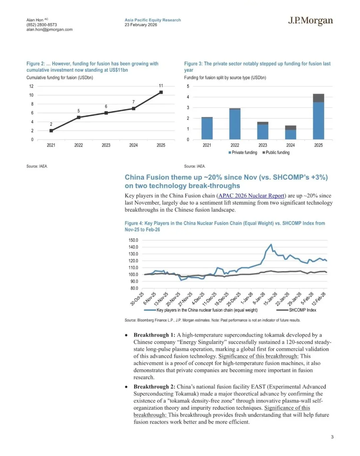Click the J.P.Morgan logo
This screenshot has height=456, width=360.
tap(310, 21)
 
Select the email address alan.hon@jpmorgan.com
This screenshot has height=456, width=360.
tap(49, 30)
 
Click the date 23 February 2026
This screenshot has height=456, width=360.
tap(141, 25)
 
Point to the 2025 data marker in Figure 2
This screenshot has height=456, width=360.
tap(161, 92)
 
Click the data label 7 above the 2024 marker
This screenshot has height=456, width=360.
tap(133, 102)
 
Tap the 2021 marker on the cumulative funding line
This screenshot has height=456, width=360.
tap(51, 131)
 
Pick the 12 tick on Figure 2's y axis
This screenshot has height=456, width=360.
tap(31, 86)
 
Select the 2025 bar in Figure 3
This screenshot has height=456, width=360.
tap(318, 117)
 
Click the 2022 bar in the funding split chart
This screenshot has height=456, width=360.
tap(235, 124)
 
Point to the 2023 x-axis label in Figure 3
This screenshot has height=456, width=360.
tap(263, 145)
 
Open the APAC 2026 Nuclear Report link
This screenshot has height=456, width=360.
tap(251, 196)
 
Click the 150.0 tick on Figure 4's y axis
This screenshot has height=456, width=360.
tap(133, 240)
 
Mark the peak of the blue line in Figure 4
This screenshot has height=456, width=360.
tap(271, 244)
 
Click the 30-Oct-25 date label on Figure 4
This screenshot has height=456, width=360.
tap(137, 298)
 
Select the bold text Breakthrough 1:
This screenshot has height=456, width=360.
tap(154, 335)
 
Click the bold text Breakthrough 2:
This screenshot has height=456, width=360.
tap(154, 387)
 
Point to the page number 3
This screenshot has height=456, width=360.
tap(332, 437)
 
